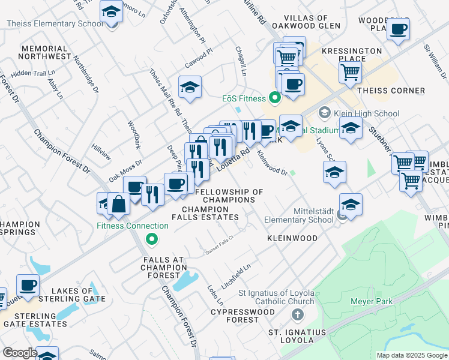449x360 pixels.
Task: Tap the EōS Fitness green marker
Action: click(x=276, y=97)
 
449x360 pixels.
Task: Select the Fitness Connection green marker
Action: click(x=152, y=239)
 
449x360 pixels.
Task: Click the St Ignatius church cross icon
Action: click(x=297, y=314)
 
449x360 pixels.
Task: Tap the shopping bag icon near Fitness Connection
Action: click(x=119, y=205)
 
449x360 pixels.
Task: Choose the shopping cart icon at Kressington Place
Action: click(x=350, y=73)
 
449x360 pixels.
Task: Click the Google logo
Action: click(x=19, y=353)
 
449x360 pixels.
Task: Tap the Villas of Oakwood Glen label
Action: click(x=306, y=22)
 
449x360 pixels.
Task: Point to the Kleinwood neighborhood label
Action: click(x=292, y=238)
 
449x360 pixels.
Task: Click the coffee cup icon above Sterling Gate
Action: click(x=27, y=284)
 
